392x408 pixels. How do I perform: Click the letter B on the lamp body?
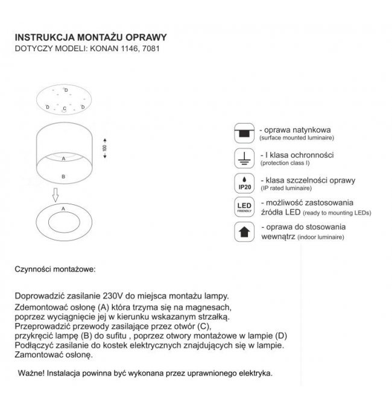[x=64, y=177]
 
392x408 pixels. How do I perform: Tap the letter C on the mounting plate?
[x=64, y=109]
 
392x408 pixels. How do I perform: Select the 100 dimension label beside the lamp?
[x=104, y=148]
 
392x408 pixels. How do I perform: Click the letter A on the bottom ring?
[x=64, y=207]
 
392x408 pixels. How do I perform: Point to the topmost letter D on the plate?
[x=66, y=90]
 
